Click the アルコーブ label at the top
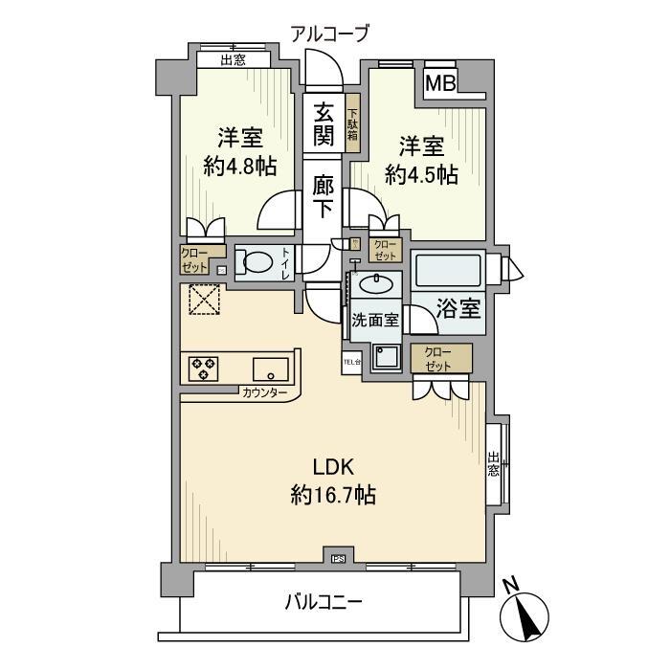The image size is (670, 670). coord(329,34)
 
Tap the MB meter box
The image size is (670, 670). coord(440,83)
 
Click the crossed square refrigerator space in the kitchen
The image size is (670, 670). coord(202,301)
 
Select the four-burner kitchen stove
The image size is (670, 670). coord(203,368)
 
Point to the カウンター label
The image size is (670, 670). coord(264,392)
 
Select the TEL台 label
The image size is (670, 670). coord(351,362)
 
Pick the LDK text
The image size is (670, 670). coord(334,467)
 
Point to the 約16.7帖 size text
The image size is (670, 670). coord(333,496)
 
